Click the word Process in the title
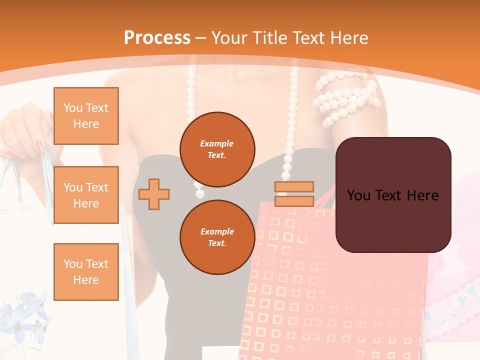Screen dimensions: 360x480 pyautogui.click(x=157, y=38)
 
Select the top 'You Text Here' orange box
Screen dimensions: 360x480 pyautogui.click(x=86, y=116)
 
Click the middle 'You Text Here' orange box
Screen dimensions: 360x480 pyautogui.click(x=86, y=195)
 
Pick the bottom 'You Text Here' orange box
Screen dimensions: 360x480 pyautogui.click(x=86, y=272)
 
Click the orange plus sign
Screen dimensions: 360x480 pyautogui.click(x=154, y=194)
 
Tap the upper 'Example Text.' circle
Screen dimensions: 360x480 pyautogui.click(x=217, y=149)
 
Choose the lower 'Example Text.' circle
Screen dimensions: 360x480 pyautogui.click(x=217, y=237)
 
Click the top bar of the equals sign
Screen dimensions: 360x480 pyautogui.click(x=294, y=186)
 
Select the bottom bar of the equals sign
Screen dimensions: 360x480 pyautogui.click(x=294, y=201)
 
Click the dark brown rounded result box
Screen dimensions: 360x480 pyautogui.click(x=393, y=195)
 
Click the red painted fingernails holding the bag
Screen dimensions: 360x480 pyautogui.click(x=39, y=146)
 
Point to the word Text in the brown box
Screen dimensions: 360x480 pyautogui.click(x=389, y=195)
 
